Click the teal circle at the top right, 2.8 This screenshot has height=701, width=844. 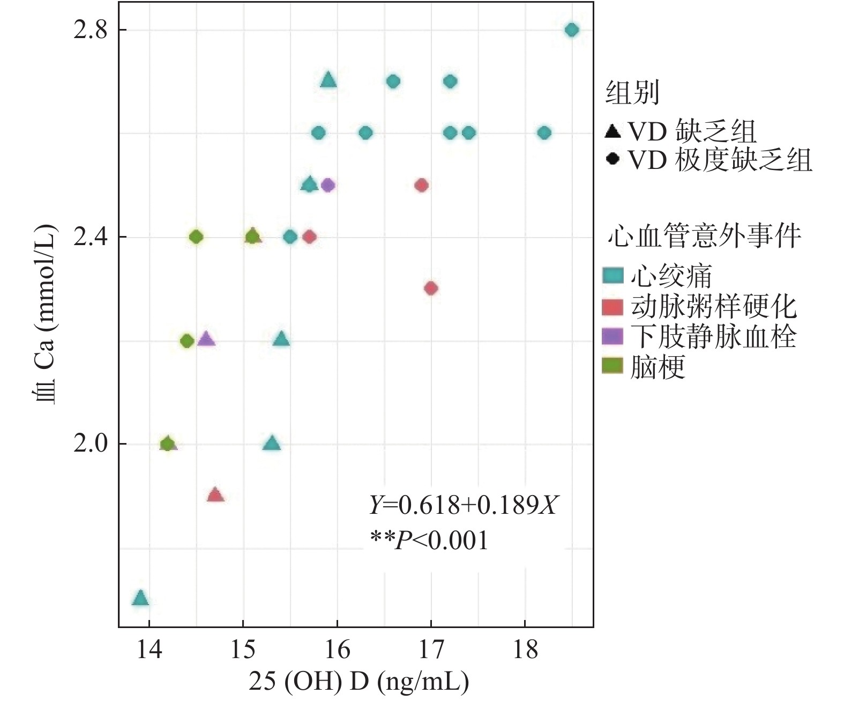[x=572, y=30]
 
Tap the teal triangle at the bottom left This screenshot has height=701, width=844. [x=140, y=598]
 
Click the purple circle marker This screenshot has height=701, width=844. [x=328, y=186]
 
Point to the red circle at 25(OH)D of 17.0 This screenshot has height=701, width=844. [x=431, y=289]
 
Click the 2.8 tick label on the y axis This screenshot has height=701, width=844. [x=89, y=30]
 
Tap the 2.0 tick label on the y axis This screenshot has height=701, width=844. [x=89, y=444]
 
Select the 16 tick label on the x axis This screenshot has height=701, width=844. [x=337, y=650]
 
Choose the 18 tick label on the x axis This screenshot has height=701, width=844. [x=525, y=650]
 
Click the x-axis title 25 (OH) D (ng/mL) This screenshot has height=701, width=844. [x=358, y=682]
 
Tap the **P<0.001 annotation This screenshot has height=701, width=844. [x=430, y=540]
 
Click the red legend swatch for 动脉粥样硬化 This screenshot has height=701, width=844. [x=613, y=307]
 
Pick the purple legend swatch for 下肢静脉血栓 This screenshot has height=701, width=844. [x=613, y=337]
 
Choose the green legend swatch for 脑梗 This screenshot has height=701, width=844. [x=613, y=367]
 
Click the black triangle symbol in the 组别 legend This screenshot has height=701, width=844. [x=613, y=130]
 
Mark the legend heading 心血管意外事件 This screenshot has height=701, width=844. [x=704, y=237]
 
